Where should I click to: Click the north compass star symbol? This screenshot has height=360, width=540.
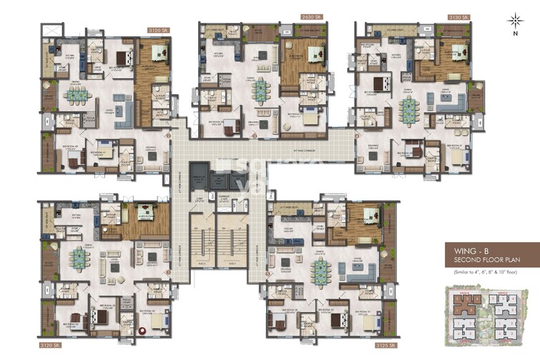pos(514,19)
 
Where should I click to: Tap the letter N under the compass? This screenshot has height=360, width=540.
pos(514,33)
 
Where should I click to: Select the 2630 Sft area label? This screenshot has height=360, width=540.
pos(292,16)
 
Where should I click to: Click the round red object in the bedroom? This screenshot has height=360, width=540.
pos(142,331)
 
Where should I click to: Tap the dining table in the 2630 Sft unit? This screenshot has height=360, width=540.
pos(260,89)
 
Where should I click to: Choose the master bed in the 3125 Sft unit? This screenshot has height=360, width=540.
pos(370,215)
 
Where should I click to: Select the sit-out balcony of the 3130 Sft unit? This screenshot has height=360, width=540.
pos(475,98)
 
